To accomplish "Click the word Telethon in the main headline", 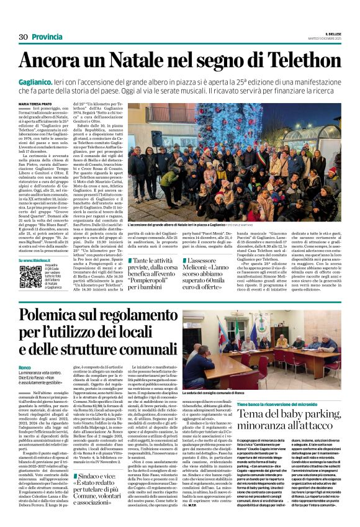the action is (300, 60).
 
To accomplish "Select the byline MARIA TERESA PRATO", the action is (37, 104).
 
